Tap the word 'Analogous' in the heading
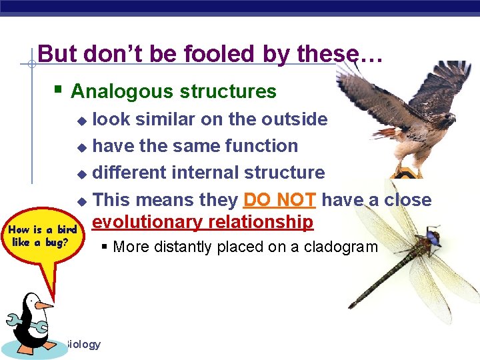[x=117, y=91]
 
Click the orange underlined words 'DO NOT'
[x=280, y=200]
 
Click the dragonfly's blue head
[x=434, y=236]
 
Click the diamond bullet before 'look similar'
[x=81, y=121]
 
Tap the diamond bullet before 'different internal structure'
[x=81, y=174]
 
